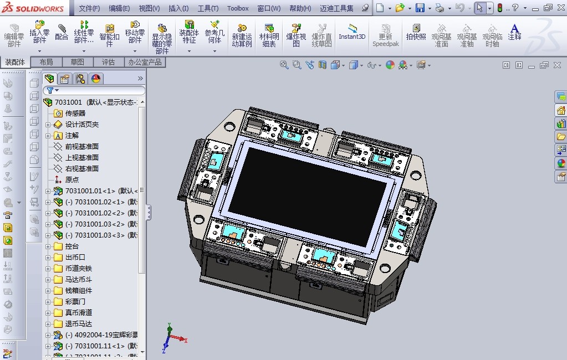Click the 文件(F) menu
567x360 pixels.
point(89,8)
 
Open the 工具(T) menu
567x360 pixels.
point(208,8)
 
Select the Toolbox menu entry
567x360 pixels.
point(238,8)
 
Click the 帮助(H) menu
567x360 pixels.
point(300,8)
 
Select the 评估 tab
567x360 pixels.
point(108,62)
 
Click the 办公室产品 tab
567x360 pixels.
point(145,62)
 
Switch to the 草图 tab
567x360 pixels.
point(77,62)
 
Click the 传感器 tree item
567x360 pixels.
point(75,113)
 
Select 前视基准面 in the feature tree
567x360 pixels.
point(81,146)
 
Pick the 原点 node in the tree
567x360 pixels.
point(72,179)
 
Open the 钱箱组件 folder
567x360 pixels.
point(78,290)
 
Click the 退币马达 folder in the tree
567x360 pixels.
point(78,323)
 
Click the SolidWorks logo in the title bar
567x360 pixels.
point(34,8)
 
